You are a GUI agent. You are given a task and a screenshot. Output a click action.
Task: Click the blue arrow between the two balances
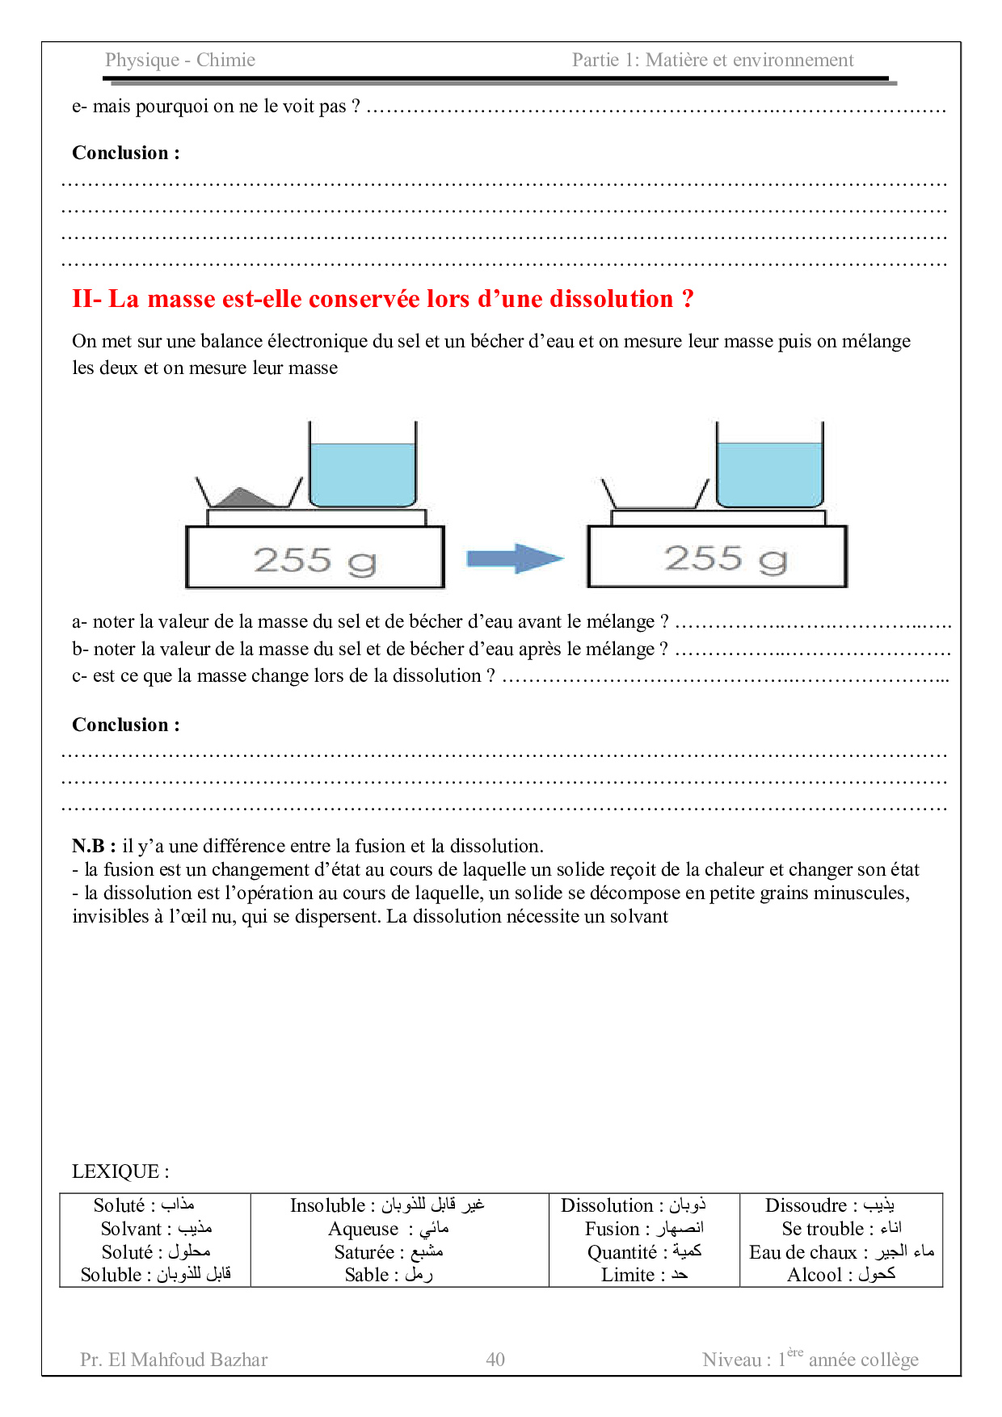(x=514, y=558)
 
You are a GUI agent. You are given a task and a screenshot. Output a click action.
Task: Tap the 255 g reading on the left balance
(x=314, y=560)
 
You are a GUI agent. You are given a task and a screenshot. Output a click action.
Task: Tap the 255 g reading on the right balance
(x=725, y=558)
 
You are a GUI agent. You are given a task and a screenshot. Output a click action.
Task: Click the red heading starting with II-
(x=382, y=299)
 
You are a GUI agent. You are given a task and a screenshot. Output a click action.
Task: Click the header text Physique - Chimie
(x=180, y=60)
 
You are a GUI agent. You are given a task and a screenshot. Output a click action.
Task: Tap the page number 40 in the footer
(x=495, y=1360)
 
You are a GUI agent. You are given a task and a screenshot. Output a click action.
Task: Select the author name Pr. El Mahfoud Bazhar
(x=174, y=1360)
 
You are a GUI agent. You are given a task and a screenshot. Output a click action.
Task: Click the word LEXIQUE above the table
(x=120, y=1171)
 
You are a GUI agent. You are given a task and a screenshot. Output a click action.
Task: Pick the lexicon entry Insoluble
(x=386, y=1205)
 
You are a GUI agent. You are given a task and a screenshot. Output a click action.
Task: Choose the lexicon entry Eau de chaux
(x=840, y=1252)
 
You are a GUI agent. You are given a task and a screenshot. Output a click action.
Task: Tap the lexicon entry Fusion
(x=643, y=1229)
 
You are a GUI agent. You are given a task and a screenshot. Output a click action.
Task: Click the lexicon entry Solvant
(x=155, y=1229)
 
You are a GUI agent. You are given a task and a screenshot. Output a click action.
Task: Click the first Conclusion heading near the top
(x=126, y=153)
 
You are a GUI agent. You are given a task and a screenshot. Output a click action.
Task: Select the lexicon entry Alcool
(x=840, y=1275)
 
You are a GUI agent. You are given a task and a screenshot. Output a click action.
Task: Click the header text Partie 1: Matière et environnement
(x=712, y=60)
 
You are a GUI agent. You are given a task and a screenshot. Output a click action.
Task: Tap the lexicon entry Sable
(x=388, y=1275)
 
